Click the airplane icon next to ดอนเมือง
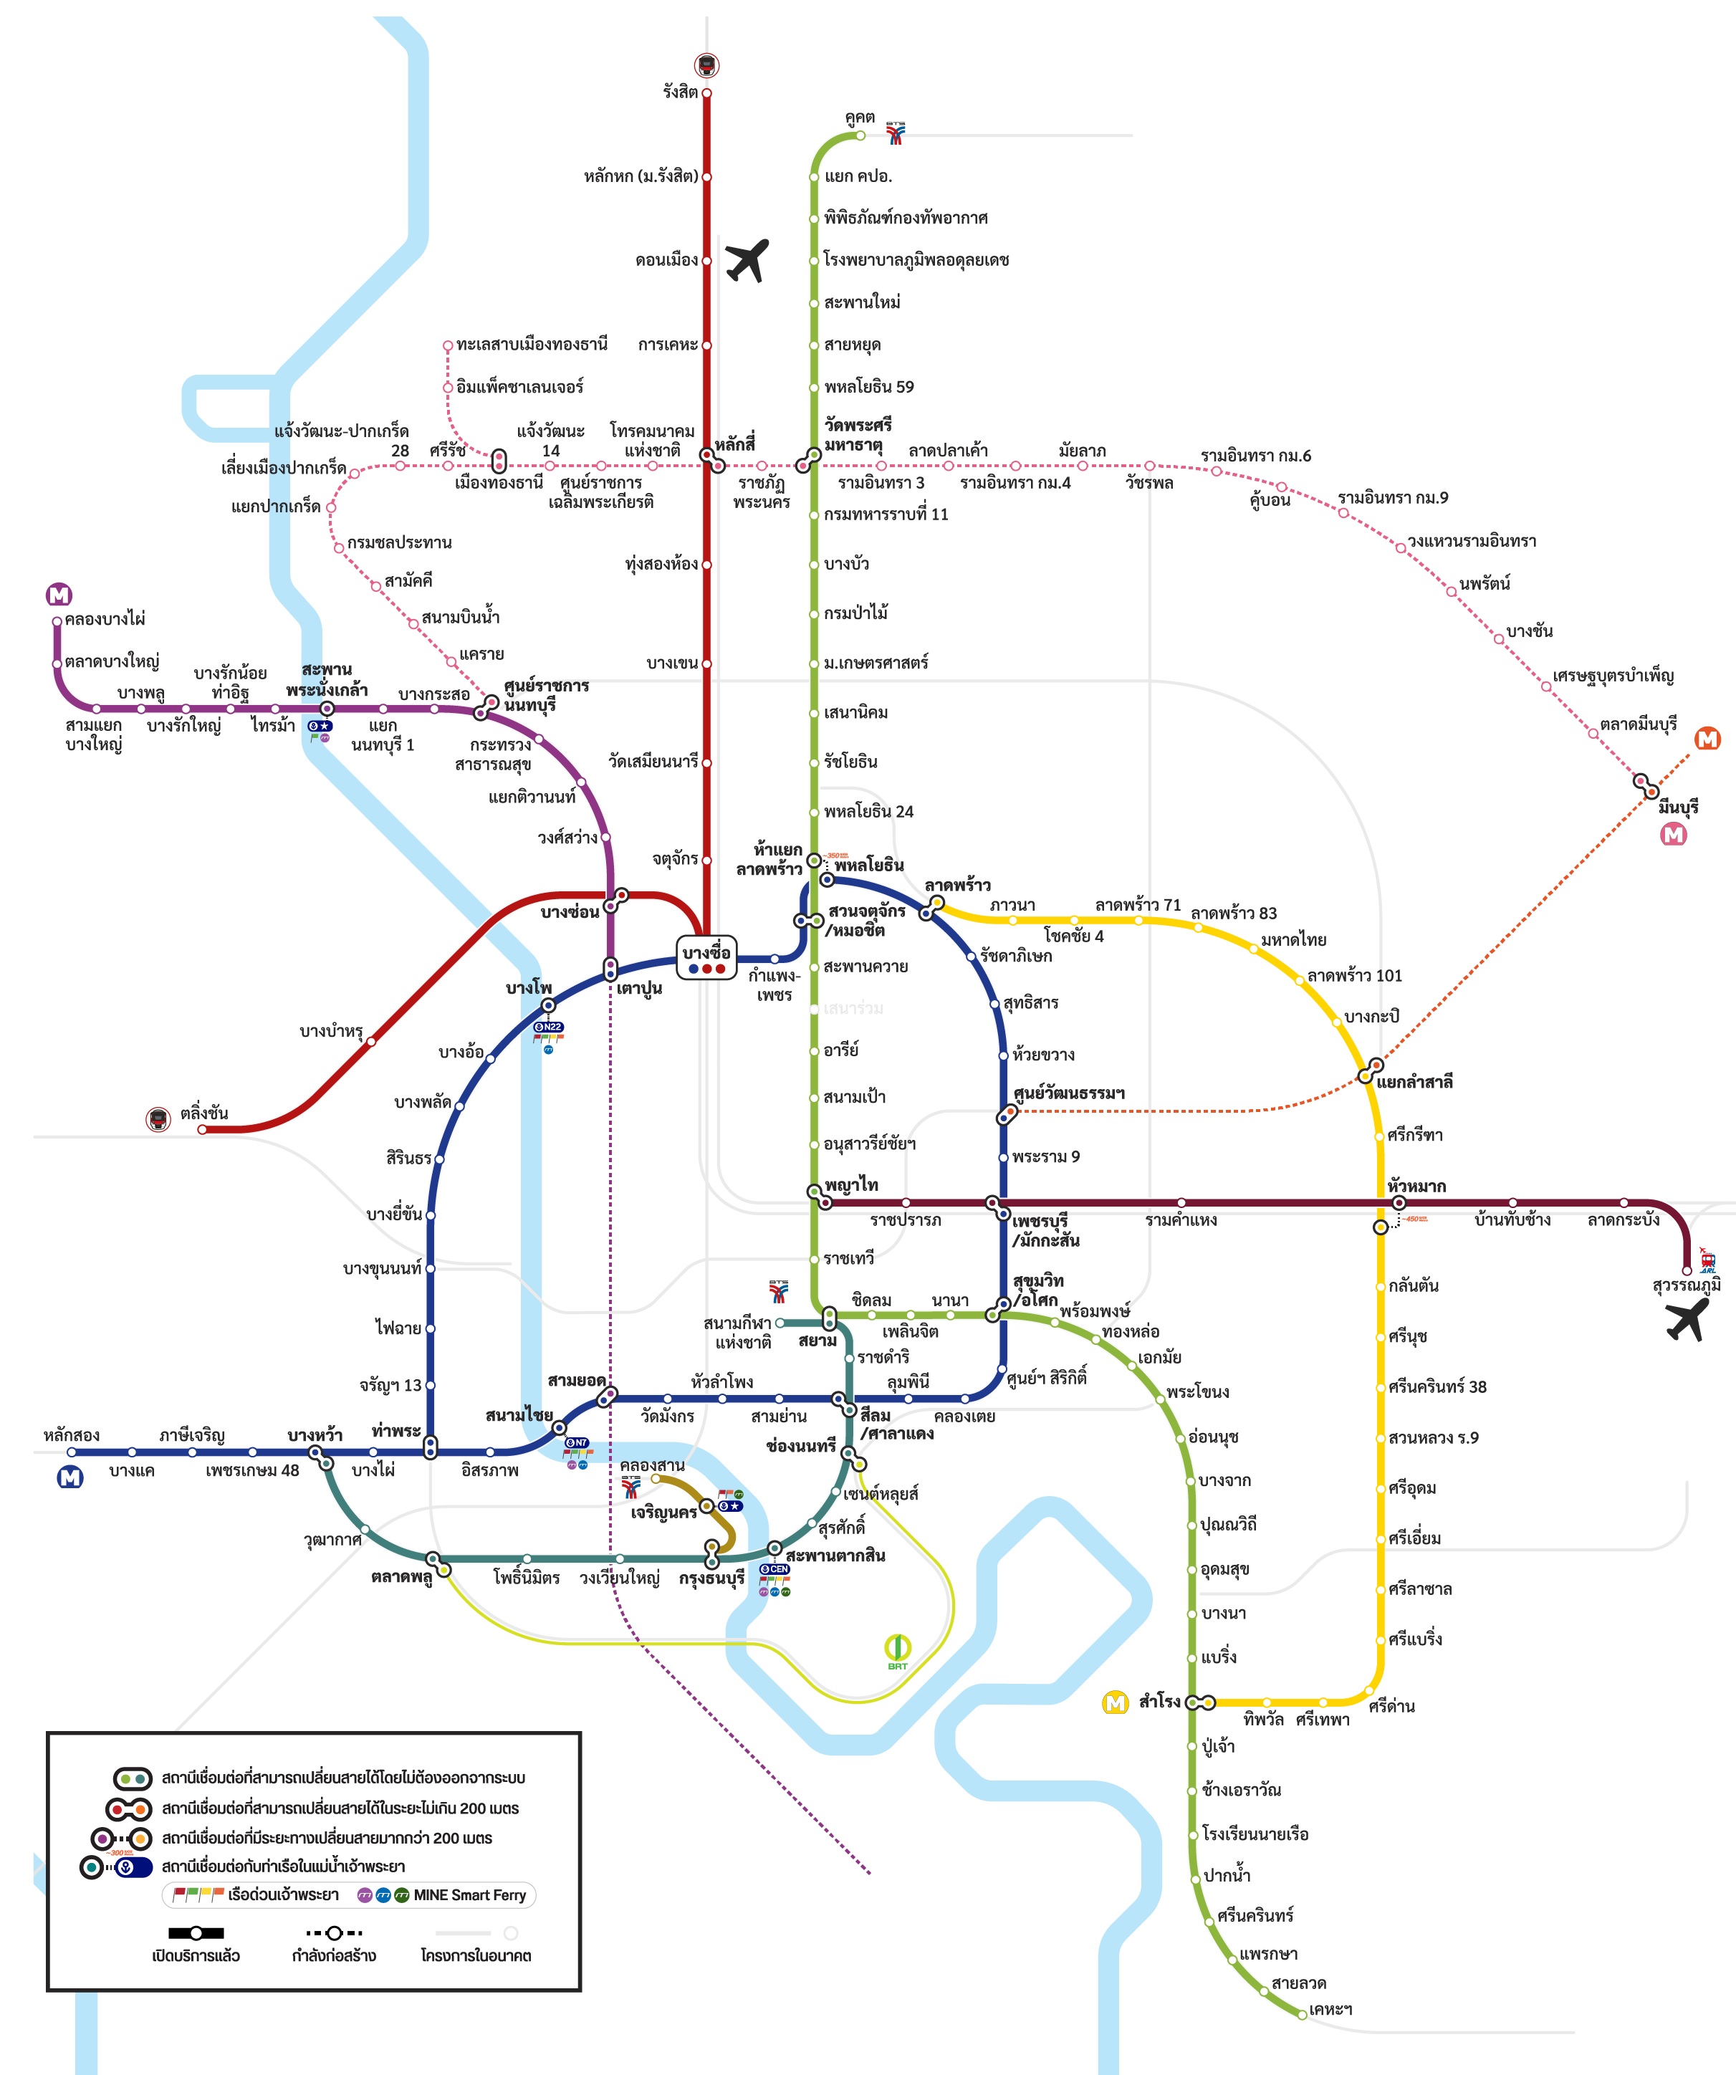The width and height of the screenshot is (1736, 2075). click(x=747, y=260)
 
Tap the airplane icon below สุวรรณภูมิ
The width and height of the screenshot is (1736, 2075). click(x=1686, y=1319)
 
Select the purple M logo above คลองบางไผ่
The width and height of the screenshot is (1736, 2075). click(x=59, y=594)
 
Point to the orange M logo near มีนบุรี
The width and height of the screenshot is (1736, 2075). click(x=1707, y=738)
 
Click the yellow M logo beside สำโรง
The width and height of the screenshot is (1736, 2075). click(x=1115, y=1702)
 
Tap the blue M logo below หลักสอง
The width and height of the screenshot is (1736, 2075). click(x=69, y=1477)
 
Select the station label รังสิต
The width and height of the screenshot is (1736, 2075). click(x=680, y=92)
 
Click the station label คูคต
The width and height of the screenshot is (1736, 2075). click(x=860, y=117)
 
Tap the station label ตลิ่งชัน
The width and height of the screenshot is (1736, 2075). click(x=204, y=1113)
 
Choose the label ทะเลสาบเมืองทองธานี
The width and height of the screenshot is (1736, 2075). click(x=532, y=344)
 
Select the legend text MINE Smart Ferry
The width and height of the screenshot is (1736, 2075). click(x=469, y=1894)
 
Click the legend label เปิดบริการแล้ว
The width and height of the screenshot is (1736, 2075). click(x=196, y=1955)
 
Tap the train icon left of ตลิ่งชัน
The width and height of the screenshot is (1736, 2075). click(x=158, y=1119)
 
